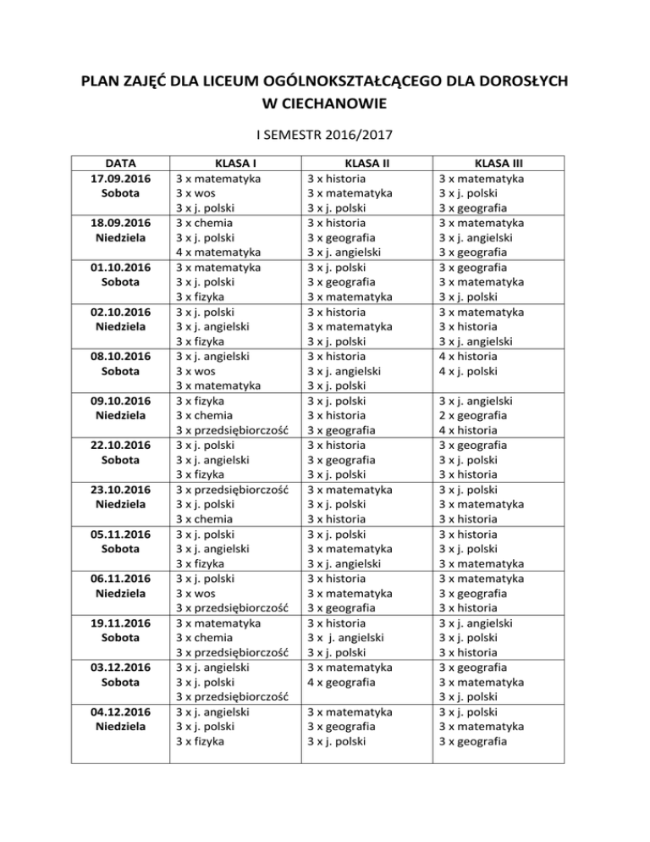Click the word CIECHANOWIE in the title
click(x=325, y=104)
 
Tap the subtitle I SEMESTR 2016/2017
click(x=325, y=134)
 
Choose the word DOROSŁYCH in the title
click(x=512, y=81)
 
